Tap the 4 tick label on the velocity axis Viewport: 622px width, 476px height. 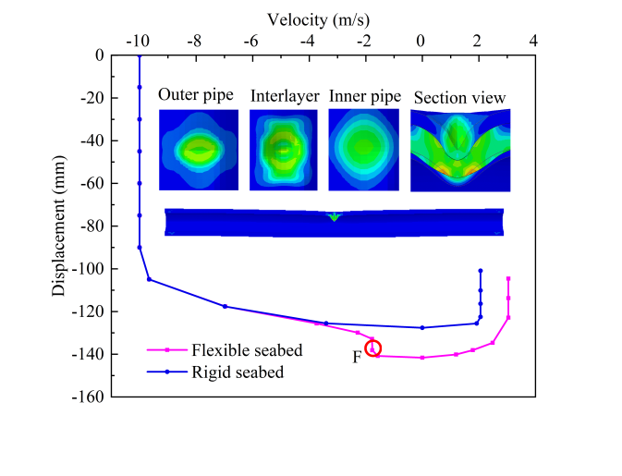[533, 41]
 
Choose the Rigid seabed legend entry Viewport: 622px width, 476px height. [238, 372]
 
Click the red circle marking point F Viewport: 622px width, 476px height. [373, 348]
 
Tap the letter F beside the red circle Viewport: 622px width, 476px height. [357, 356]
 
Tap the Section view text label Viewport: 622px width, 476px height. [459, 97]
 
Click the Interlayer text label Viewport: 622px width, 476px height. [285, 95]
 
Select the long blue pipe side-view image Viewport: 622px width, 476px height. [334, 222]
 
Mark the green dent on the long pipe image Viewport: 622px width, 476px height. [334, 216]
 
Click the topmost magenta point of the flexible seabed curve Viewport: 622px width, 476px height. [508, 278]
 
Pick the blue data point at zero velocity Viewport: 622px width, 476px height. [422, 327]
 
